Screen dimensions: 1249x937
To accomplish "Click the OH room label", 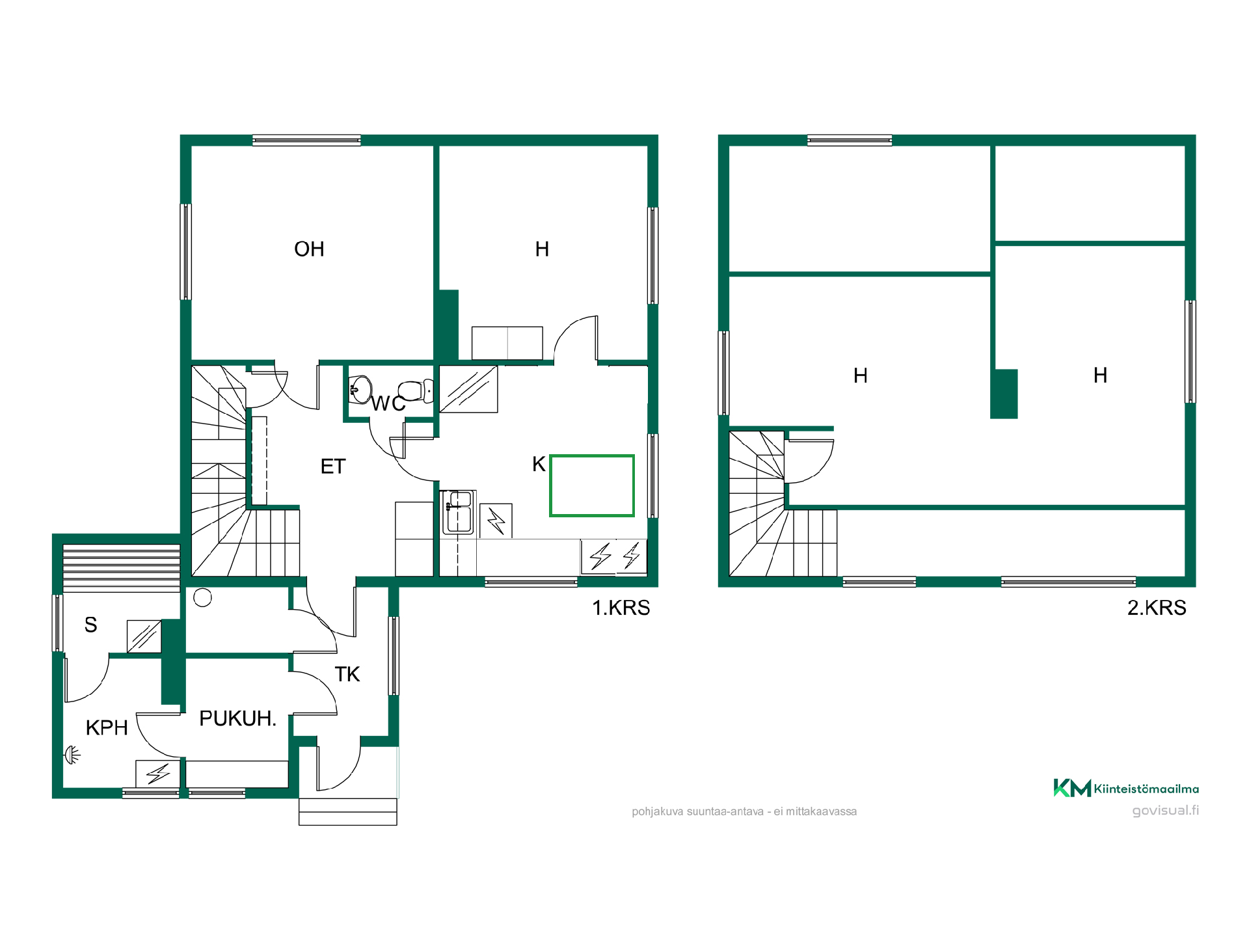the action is point(309,249).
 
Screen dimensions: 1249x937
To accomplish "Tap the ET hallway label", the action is point(333,467).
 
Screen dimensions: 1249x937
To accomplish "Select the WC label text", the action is point(388,404).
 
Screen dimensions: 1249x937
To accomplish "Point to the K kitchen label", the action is point(539,464).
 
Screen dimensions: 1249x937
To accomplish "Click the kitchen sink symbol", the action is point(459,512).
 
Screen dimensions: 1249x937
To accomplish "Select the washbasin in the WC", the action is point(360,390).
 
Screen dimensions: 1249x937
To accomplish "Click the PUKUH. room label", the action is point(238,718).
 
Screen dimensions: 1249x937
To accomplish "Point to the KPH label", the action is point(107,727).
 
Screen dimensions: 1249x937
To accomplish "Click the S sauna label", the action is point(91,625).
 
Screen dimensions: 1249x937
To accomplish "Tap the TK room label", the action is point(347,674).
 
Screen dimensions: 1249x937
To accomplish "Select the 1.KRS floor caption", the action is point(621,608).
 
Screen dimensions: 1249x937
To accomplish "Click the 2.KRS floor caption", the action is point(1157,608).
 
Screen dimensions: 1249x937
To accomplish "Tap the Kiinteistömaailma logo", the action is point(1126,788).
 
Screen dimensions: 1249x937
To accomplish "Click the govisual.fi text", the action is point(1166,810).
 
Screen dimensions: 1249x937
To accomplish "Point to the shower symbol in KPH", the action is point(72,755).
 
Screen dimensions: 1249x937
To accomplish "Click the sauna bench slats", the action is point(122,568).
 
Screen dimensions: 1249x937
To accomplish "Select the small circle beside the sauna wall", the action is point(202,597).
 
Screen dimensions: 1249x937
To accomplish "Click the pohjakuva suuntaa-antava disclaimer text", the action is point(744,811).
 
